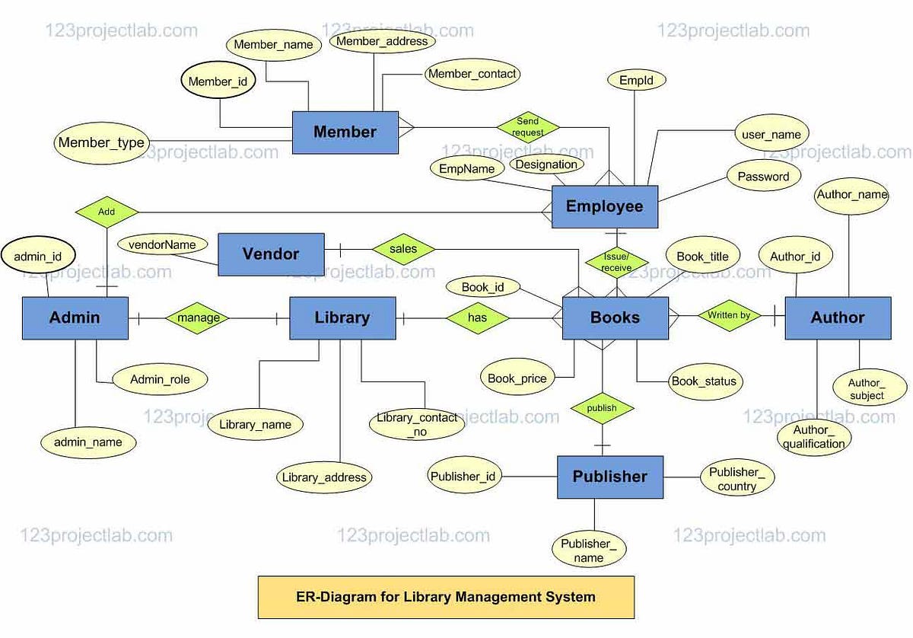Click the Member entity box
(x=345, y=132)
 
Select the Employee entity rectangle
(x=604, y=206)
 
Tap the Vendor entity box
(x=271, y=254)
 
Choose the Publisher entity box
(x=609, y=477)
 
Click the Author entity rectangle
(x=837, y=317)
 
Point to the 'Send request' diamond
(x=527, y=126)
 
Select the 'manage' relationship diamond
(x=198, y=317)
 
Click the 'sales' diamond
(x=403, y=248)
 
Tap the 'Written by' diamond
(x=729, y=315)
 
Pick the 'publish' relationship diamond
(x=602, y=408)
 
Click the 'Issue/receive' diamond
(x=616, y=263)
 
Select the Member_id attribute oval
(x=218, y=81)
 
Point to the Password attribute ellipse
(x=763, y=177)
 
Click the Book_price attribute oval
(x=517, y=378)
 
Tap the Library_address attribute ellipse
(x=324, y=478)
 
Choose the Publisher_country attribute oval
(x=736, y=479)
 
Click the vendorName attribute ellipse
(x=162, y=245)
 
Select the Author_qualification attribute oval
(x=813, y=437)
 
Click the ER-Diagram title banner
(x=446, y=597)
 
